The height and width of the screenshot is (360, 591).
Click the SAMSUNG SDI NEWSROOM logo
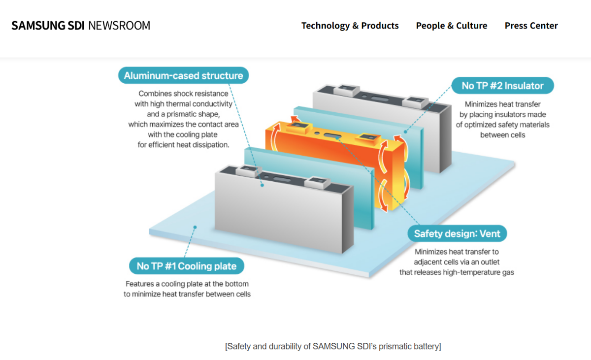tap(81, 26)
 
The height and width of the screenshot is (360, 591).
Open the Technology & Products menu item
tap(350, 26)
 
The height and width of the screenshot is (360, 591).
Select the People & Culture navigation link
tap(451, 26)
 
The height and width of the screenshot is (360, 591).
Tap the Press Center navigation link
tap(531, 26)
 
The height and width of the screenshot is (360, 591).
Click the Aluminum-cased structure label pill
tap(183, 75)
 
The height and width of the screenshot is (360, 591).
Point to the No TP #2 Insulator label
tap(502, 86)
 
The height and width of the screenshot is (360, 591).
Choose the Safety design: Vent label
tap(457, 233)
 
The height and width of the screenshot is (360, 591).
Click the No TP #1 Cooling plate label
tap(186, 266)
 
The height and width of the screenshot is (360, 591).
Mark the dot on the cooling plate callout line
tap(195, 228)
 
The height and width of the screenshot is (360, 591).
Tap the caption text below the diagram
tap(333, 346)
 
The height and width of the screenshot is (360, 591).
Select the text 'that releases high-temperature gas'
tap(457, 272)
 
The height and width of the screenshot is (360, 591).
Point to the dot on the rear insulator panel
tap(405, 131)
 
